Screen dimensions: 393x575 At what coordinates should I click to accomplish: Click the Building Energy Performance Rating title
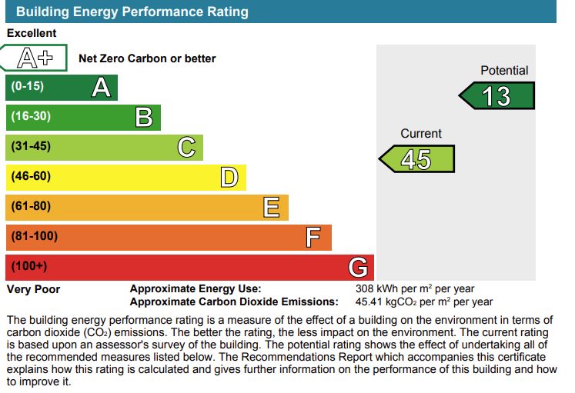pos(132,12)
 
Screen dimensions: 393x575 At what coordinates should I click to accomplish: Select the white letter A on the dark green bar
pos(101,88)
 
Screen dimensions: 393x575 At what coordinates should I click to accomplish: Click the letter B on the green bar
pos(144,118)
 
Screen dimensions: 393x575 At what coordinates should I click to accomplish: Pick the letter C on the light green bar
pos(186,147)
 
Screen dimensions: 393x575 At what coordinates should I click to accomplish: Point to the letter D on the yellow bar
pos(229,178)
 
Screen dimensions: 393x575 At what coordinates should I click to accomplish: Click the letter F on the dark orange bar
pos(313,238)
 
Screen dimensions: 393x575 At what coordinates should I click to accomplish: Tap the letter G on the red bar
pos(358,268)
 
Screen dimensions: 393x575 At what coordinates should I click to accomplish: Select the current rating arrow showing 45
pos(417,159)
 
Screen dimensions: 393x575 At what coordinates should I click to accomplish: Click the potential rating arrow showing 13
pos(497,96)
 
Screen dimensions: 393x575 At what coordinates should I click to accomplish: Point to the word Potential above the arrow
pos(504,71)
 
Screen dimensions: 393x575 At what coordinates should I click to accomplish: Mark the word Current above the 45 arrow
pos(421,134)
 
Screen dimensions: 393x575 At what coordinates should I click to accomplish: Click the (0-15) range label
pos(27,86)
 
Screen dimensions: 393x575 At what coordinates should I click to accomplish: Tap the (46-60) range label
pos(31,176)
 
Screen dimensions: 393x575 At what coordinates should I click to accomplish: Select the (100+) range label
pos(29,266)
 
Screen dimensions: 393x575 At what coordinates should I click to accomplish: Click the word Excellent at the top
pos(32,33)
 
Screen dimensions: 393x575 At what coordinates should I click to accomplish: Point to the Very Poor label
pos(33,289)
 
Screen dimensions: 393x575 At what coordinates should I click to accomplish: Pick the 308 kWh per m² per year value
pos(415,289)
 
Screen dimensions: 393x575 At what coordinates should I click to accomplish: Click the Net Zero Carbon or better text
pos(147,58)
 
